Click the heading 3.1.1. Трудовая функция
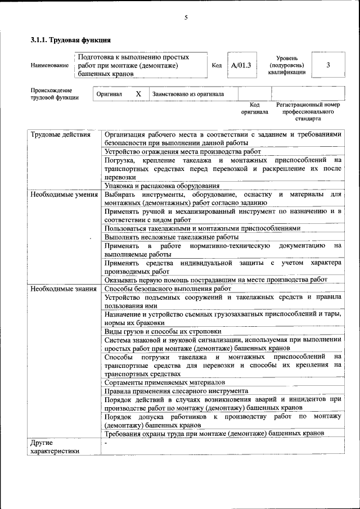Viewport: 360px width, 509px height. tap(70, 40)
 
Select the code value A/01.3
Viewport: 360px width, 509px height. tap(241, 65)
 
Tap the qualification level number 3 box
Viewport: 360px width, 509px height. tap(328, 65)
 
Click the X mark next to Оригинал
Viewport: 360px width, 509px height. tap(138, 94)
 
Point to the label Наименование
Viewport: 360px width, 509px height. tap(49, 66)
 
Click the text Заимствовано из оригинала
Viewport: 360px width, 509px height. tap(188, 94)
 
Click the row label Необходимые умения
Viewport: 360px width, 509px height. tap(64, 195)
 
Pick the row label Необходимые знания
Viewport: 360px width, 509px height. tap(64, 289)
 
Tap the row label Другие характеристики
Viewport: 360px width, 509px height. tap(55, 447)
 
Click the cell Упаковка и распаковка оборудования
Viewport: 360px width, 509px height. tap(161, 186)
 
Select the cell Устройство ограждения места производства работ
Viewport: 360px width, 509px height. tap(183, 152)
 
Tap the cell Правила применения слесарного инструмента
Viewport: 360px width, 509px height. tap(176, 390)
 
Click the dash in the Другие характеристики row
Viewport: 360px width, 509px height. tap(106, 443)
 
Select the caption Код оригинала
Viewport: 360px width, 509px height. tap(254, 108)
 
